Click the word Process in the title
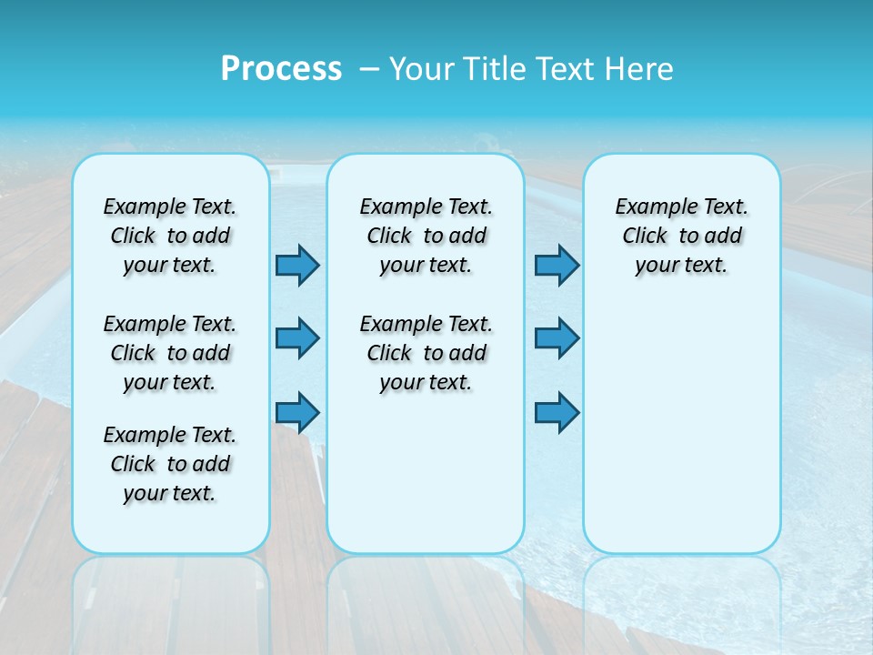pos(281,69)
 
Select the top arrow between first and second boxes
pos(297,265)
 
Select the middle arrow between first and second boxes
pos(297,338)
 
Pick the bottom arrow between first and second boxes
pos(297,413)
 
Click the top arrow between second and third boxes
pos(557,265)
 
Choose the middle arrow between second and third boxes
pos(557,338)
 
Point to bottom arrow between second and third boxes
pos(557,413)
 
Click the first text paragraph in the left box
pos(170,236)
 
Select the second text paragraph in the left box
pos(170,353)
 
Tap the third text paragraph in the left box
pos(170,464)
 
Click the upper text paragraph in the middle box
pos(426,236)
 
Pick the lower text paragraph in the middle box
pos(426,353)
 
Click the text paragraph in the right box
pos(681,236)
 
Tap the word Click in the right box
pos(645,237)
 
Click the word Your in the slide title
pos(422,69)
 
